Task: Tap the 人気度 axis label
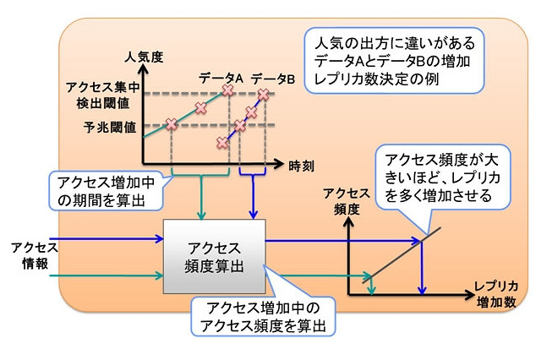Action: point(143,58)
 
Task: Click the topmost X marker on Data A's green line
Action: point(227,89)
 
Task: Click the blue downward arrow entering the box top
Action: point(255,203)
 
